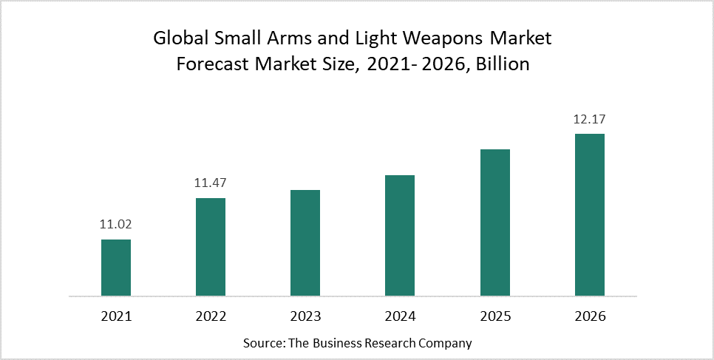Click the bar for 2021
point(116,268)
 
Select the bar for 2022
point(211,247)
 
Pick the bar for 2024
point(400,236)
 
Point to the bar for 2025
point(494,223)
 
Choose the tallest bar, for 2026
point(589,215)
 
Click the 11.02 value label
point(116,225)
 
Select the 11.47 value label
point(211,183)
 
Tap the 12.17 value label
point(589,119)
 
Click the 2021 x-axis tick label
point(116,316)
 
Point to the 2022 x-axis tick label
point(211,316)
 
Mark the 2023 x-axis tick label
point(305,316)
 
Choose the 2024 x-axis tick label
point(400,316)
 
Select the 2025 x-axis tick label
point(494,316)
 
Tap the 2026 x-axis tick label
point(589,316)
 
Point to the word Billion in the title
point(503,64)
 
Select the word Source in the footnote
point(262,344)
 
